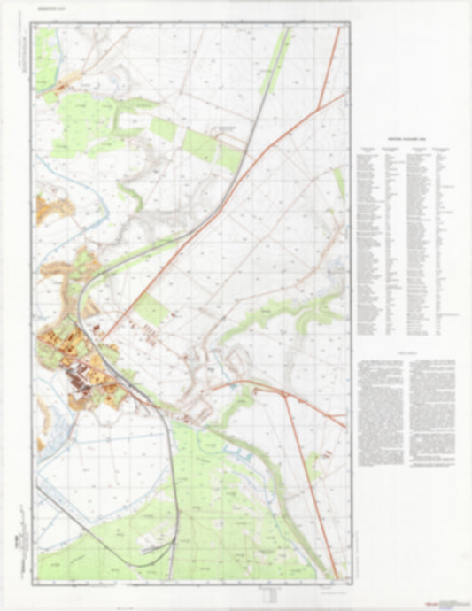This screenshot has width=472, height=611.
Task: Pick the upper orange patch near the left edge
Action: (x=55, y=209)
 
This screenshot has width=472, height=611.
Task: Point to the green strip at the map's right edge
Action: (x=340, y=181)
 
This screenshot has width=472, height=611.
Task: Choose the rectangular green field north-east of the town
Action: (x=151, y=309)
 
